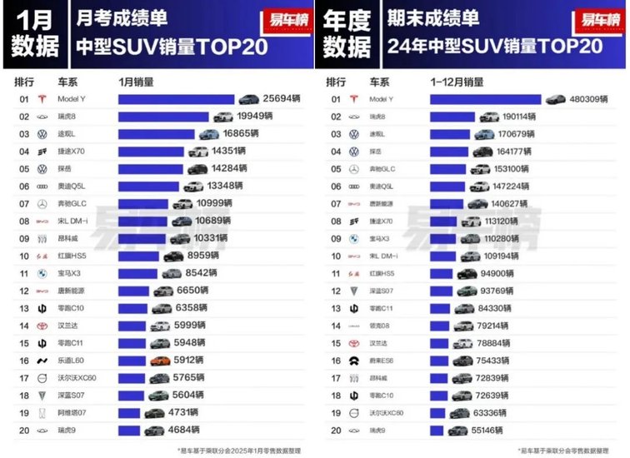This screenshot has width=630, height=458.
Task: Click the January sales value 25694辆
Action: click(281, 99)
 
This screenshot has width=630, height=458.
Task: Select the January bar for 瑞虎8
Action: click(163, 117)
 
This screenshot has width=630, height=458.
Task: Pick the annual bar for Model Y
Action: click(486, 99)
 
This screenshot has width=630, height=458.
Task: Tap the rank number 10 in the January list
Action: click(24, 256)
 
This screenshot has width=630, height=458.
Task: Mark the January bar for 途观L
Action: click(157, 134)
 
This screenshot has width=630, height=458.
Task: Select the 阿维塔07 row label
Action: click(72, 413)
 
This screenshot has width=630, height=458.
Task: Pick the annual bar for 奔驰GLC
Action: click(449, 169)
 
